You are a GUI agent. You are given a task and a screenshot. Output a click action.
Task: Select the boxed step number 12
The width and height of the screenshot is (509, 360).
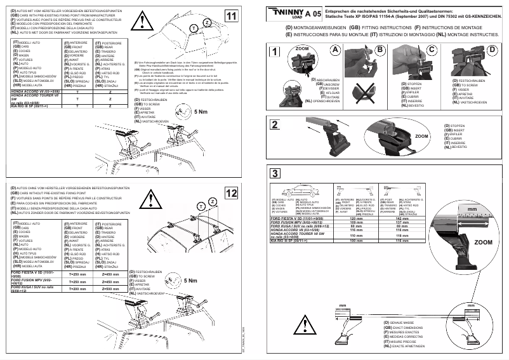(x=231, y=193)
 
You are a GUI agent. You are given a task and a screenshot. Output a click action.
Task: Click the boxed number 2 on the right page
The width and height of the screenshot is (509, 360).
(x=274, y=124)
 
